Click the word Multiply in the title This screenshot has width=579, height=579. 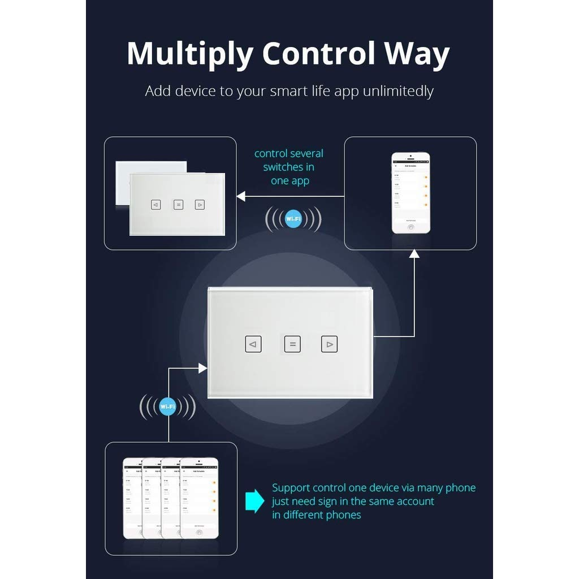189,55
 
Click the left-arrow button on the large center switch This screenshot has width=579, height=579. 253,344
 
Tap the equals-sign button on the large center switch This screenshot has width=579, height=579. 292,344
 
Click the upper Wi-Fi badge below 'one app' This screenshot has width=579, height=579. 293,219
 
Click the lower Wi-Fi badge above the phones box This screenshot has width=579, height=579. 168,407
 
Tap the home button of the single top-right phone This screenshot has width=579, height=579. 411,227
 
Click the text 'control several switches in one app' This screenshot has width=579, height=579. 289,167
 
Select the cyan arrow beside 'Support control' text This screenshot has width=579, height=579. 255,501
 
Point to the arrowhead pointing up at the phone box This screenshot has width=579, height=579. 414,254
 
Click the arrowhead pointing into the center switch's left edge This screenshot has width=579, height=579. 202,368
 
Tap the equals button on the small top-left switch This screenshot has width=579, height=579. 178,205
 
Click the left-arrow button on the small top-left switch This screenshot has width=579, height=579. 156,205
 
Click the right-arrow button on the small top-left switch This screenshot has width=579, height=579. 200,205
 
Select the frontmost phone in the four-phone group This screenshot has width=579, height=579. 199,498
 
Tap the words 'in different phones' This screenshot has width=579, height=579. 316,515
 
